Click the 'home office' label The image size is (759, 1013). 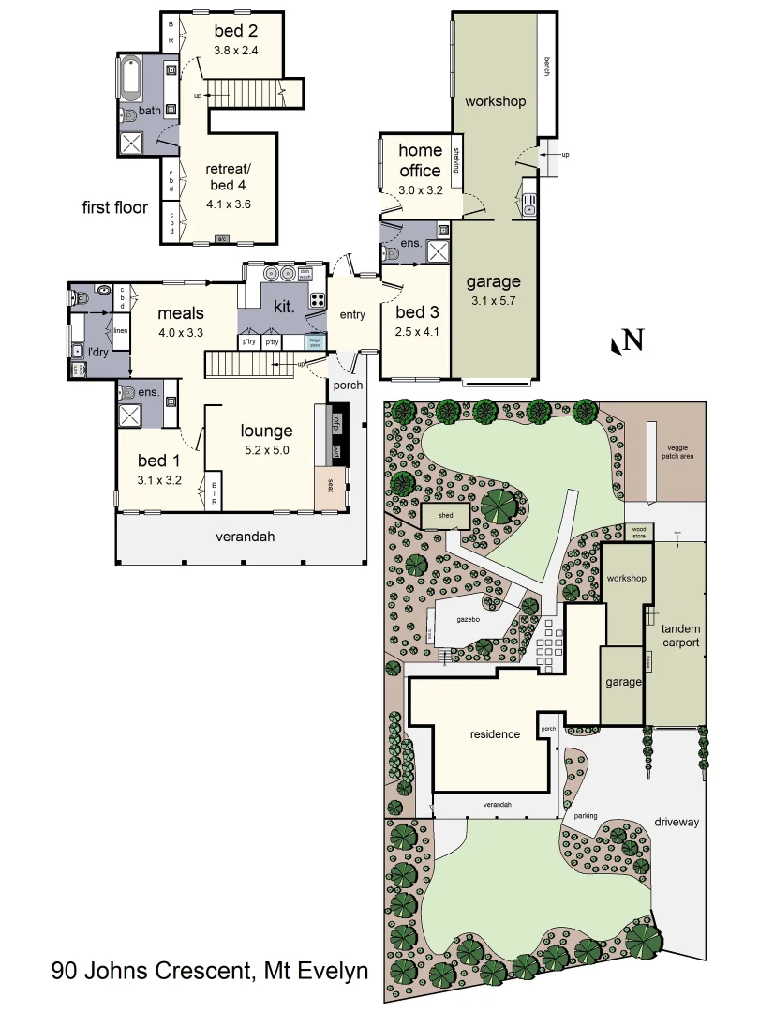[x=420, y=160]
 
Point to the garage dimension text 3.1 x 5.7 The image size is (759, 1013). [x=495, y=301]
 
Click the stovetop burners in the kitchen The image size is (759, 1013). [x=317, y=301]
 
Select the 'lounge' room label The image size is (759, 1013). [x=266, y=431]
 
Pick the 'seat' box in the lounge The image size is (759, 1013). [x=330, y=485]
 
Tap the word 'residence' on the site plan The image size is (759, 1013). [x=495, y=734]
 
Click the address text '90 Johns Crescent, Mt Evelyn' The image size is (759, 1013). [x=210, y=970]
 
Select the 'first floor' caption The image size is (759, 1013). [x=114, y=207]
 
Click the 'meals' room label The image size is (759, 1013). [x=181, y=313]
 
